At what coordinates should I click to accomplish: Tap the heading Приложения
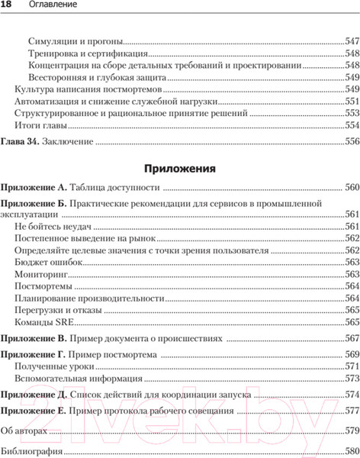[x=180, y=167]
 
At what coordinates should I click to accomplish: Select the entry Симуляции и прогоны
[x=76, y=40]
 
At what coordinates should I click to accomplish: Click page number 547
[x=352, y=40]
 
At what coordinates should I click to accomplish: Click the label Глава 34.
[x=19, y=141]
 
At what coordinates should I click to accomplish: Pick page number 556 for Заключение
[x=352, y=141]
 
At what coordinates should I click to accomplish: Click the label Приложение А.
[x=34, y=187]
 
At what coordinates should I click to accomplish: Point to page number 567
[x=352, y=337]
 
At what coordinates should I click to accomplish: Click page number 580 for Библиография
[x=352, y=451]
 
